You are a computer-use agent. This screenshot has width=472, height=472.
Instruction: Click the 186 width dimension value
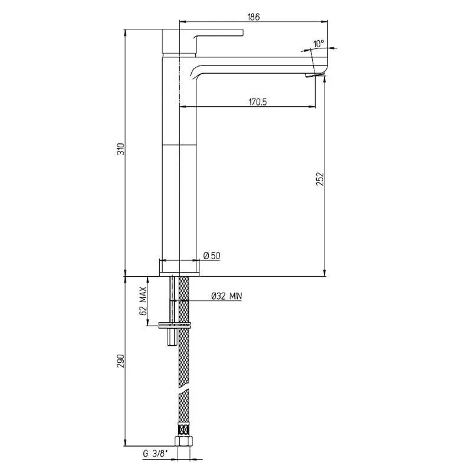tap(253, 17)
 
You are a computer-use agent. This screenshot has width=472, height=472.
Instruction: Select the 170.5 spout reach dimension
tap(258, 102)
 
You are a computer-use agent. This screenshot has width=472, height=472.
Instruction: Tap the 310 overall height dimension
tap(121, 149)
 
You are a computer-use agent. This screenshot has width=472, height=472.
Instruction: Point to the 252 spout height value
tap(320, 179)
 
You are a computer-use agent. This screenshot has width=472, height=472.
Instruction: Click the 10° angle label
tap(319, 44)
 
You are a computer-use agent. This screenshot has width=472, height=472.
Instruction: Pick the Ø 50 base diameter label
tap(212, 256)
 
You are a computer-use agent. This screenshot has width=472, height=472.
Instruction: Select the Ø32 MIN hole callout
tap(227, 296)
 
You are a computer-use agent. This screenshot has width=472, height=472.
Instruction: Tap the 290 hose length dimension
tap(121, 361)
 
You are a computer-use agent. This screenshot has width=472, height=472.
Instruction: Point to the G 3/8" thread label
tap(155, 453)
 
